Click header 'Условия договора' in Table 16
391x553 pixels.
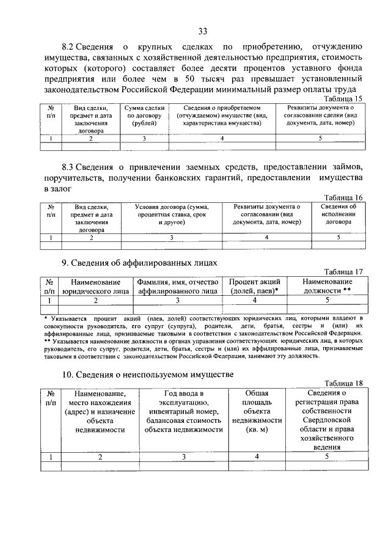point(172,214)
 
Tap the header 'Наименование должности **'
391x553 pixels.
point(327,286)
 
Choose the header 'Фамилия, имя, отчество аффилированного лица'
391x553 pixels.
point(178,286)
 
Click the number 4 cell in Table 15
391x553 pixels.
point(222,139)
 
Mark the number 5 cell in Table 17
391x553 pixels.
point(327,300)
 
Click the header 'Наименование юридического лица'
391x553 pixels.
point(95,286)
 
